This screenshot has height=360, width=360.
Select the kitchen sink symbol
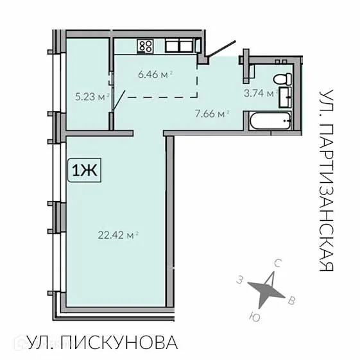pos(182,46)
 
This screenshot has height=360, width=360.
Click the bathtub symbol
pos(270,120)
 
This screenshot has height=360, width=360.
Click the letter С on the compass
pos(278,264)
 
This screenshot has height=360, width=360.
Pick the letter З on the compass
pos(239,280)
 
